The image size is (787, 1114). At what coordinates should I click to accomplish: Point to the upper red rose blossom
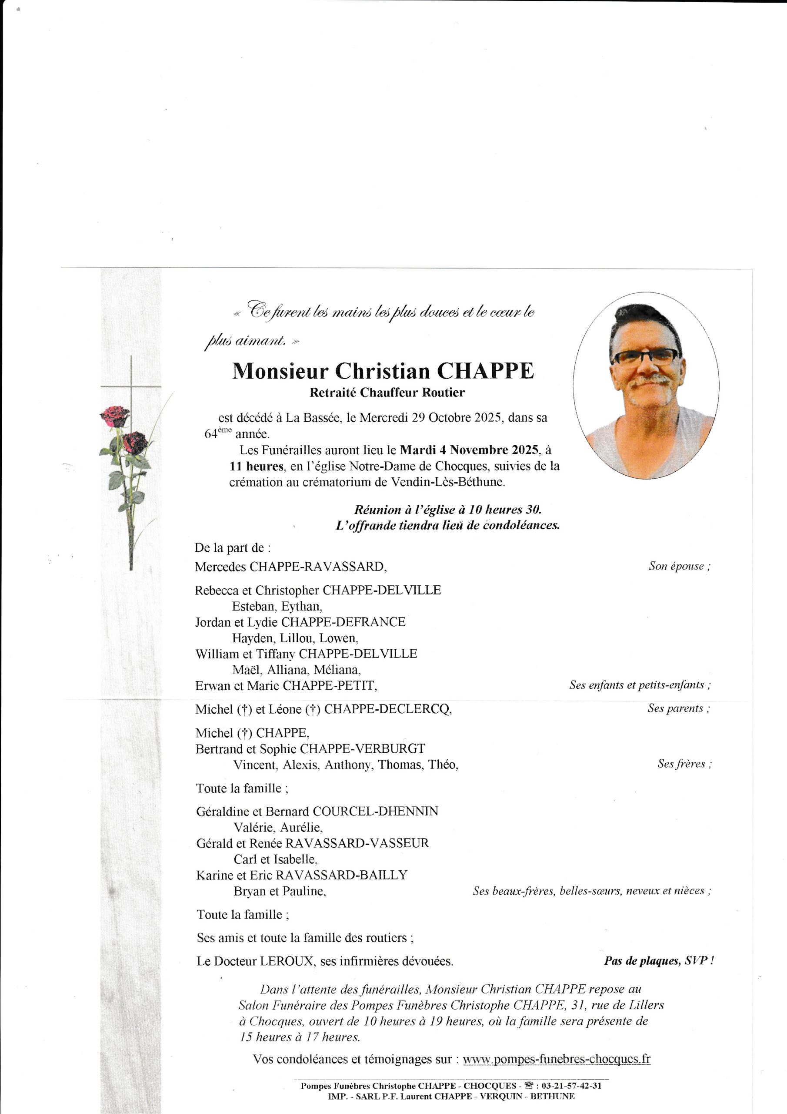point(115,416)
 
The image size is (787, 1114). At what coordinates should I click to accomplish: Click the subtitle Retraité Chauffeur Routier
point(387,393)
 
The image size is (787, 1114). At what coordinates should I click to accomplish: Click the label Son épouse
point(679,566)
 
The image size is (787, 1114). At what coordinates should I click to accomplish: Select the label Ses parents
point(678,708)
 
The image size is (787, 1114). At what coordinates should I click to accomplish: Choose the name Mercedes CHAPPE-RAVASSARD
point(290,566)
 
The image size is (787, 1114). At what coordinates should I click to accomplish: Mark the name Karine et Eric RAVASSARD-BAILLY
point(302,875)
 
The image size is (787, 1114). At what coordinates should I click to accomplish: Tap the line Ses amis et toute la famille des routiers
point(305,938)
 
